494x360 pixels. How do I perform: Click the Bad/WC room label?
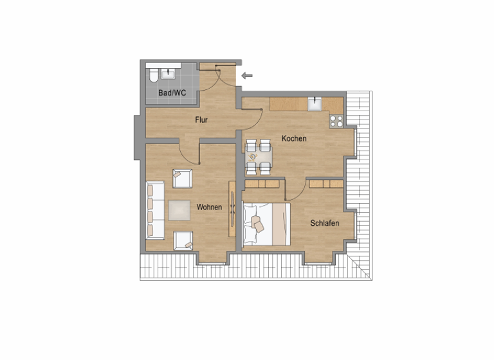(x=172, y=93)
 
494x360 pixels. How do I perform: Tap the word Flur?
(x=201, y=120)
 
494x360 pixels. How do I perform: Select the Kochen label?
(x=294, y=138)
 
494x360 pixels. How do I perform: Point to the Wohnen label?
(x=209, y=207)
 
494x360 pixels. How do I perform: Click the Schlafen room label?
(x=324, y=223)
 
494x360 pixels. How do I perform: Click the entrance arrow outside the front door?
(x=248, y=76)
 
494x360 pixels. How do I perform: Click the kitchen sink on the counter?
(x=315, y=104)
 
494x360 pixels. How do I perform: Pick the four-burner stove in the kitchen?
(x=336, y=120)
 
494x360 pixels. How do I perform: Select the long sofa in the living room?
(x=155, y=209)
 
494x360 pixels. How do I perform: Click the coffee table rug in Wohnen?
(x=180, y=210)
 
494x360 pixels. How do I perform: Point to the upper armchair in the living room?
(x=182, y=179)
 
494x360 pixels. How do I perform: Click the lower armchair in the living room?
(x=183, y=240)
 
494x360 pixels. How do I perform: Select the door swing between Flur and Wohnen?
(x=188, y=154)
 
